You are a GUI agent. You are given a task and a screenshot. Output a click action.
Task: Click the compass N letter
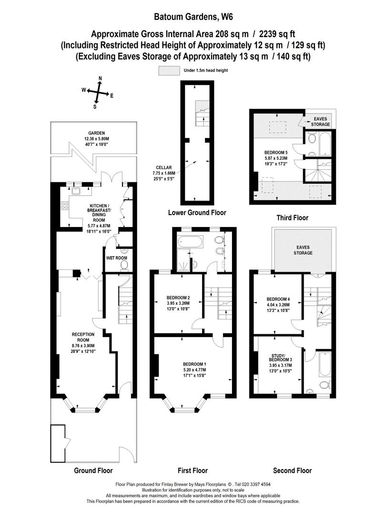[x=101, y=78]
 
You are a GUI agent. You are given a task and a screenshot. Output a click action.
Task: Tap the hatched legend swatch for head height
[x=169, y=71]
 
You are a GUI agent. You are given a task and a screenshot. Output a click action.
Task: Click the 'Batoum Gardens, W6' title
[x=193, y=17]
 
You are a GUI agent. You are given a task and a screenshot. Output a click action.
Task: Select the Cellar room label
[x=164, y=167]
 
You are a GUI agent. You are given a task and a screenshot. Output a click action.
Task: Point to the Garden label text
[x=96, y=133]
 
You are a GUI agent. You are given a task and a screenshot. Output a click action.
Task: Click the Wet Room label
[x=117, y=258]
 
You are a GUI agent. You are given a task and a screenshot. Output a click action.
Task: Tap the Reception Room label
[x=83, y=337]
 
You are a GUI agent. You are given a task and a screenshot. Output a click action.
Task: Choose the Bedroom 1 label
[x=194, y=364]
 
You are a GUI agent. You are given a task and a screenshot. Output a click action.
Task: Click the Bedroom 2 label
[x=178, y=298]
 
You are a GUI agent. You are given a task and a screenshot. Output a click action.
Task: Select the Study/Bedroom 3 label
[x=280, y=358]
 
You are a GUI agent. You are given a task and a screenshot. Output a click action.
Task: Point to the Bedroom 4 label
[x=278, y=299]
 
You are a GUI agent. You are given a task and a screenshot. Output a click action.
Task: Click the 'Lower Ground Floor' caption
[x=197, y=213]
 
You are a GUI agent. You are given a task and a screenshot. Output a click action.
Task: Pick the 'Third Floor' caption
[x=293, y=217]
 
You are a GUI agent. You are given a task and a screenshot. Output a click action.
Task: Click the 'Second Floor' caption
[x=293, y=470]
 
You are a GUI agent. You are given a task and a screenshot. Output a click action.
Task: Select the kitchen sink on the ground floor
[x=76, y=190]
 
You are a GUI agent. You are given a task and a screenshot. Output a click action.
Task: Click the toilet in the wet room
[x=124, y=264]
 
